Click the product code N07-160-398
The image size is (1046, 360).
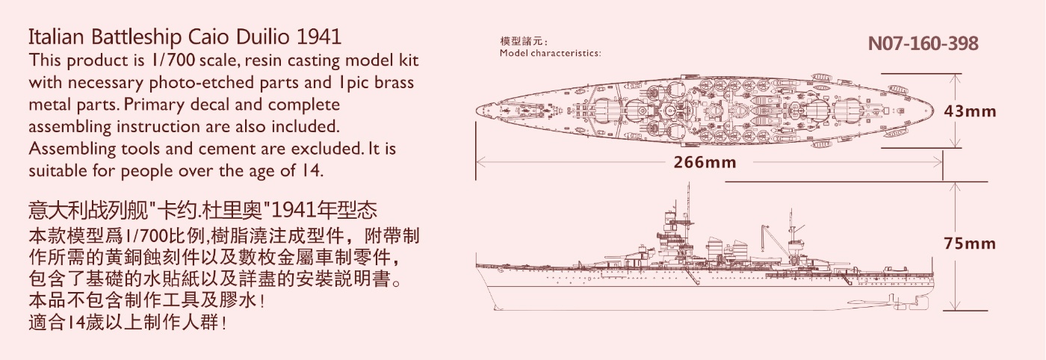923,43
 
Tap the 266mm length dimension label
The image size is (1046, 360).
705,163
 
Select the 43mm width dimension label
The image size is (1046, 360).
970,111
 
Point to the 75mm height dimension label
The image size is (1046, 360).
970,243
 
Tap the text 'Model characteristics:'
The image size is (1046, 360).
550,53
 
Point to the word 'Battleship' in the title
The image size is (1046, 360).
136,37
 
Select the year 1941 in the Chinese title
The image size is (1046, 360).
293,210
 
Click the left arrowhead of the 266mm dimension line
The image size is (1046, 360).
478,163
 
